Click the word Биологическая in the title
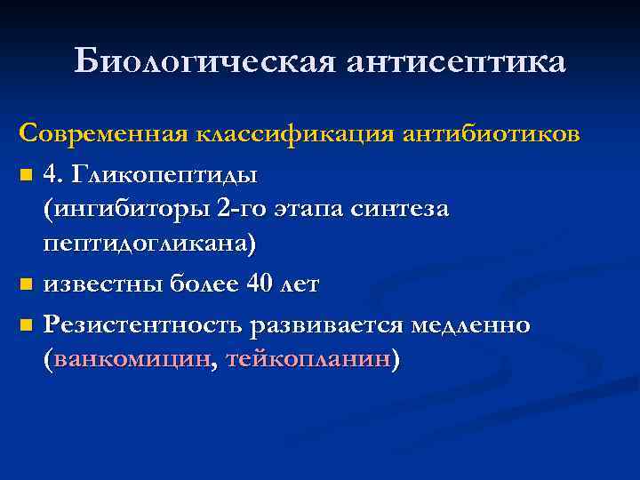pos(204,61)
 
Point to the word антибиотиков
pos(492,133)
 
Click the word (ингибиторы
pos(124,209)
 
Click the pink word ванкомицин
pos(132,360)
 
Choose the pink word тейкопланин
pos(308,360)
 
